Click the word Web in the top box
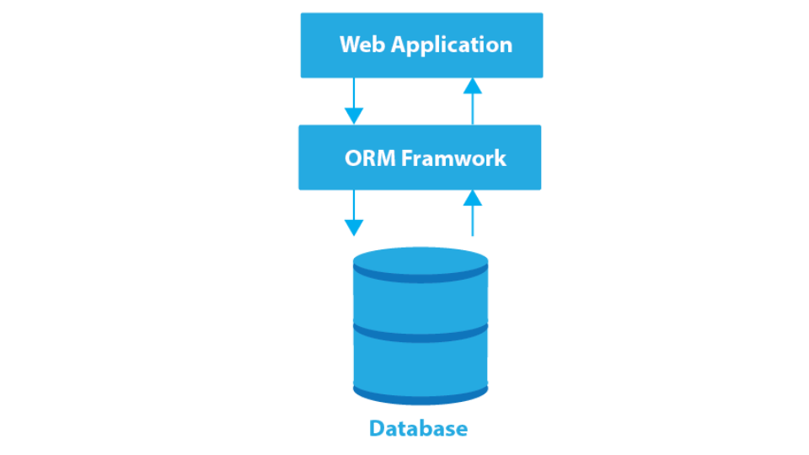point(362,45)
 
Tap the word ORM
point(370,158)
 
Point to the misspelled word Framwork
point(453,158)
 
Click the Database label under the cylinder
point(418,429)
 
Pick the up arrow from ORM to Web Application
point(473,101)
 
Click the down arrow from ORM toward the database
point(354,214)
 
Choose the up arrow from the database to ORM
point(473,214)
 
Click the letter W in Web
point(349,45)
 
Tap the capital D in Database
point(377,429)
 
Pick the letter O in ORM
point(353,158)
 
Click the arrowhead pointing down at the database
point(354,227)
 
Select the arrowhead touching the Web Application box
point(473,86)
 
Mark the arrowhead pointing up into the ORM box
point(473,198)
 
